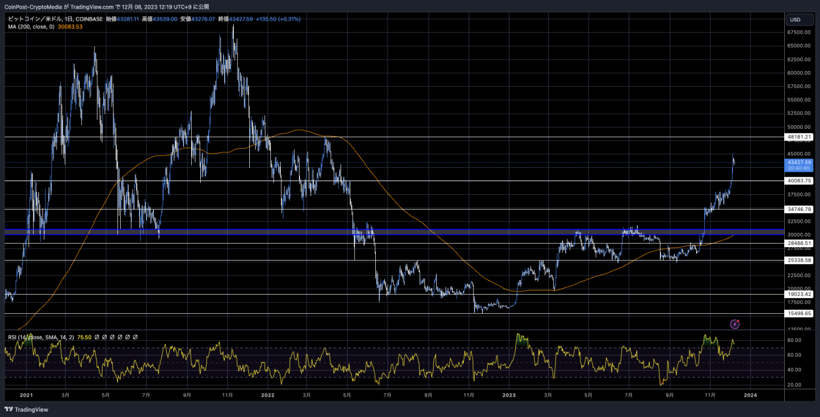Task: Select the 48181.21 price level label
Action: (x=799, y=137)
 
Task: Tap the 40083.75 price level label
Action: (x=799, y=180)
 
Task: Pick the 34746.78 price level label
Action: (x=799, y=209)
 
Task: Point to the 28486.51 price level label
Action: (x=799, y=243)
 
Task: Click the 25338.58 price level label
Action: (x=799, y=261)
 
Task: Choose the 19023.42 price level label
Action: (x=799, y=294)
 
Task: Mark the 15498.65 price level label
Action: (x=799, y=313)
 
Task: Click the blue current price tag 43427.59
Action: (x=799, y=165)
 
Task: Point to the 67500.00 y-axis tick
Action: (x=799, y=32)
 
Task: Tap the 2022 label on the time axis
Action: (x=267, y=395)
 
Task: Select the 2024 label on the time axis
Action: (x=750, y=395)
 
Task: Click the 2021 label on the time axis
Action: (x=26, y=395)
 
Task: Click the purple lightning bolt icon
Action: (x=735, y=324)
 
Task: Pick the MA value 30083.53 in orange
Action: (x=70, y=27)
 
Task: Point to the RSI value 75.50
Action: (x=84, y=337)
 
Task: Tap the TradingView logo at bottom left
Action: (x=26, y=410)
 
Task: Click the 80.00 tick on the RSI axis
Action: (x=794, y=340)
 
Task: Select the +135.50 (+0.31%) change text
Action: (x=278, y=19)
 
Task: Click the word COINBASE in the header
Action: (x=89, y=19)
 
